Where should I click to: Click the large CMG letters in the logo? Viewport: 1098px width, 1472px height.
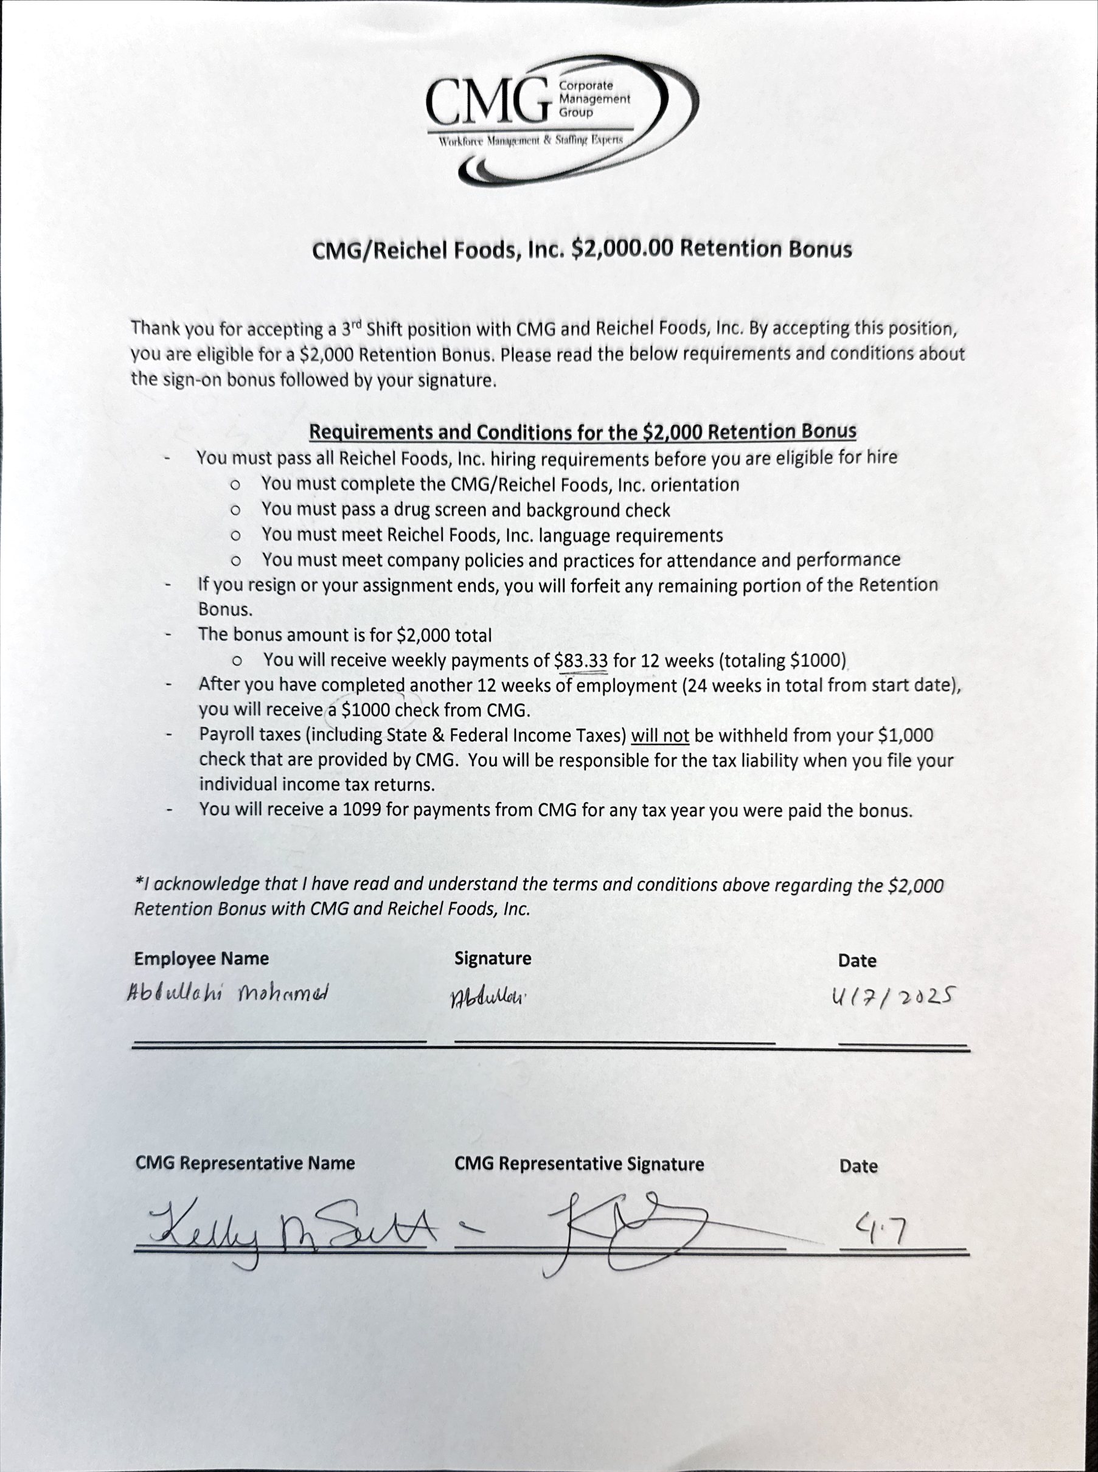point(488,101)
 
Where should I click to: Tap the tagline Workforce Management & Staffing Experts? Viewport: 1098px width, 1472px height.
point(530,141)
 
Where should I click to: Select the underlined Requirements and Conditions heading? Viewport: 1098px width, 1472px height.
point(582,432)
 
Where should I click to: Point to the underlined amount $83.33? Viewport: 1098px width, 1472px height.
point(581,661)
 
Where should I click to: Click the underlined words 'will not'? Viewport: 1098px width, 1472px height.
point(659,735)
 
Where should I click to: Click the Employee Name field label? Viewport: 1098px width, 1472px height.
point(201,958)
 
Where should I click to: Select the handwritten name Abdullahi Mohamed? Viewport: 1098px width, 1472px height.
point(228,993)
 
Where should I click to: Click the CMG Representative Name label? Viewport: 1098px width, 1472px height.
point(245,1163)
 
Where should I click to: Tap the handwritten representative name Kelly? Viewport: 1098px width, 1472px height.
point(203,1229)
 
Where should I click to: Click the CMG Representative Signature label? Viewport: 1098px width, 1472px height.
point(579,1164)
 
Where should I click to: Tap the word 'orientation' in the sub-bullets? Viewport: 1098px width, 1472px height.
point(695,485)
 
